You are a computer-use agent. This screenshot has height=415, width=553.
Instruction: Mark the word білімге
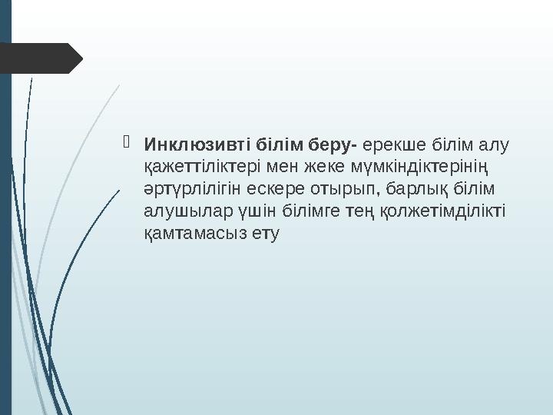[x=306, y=211]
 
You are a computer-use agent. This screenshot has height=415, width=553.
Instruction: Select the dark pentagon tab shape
[x=38, y=58]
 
